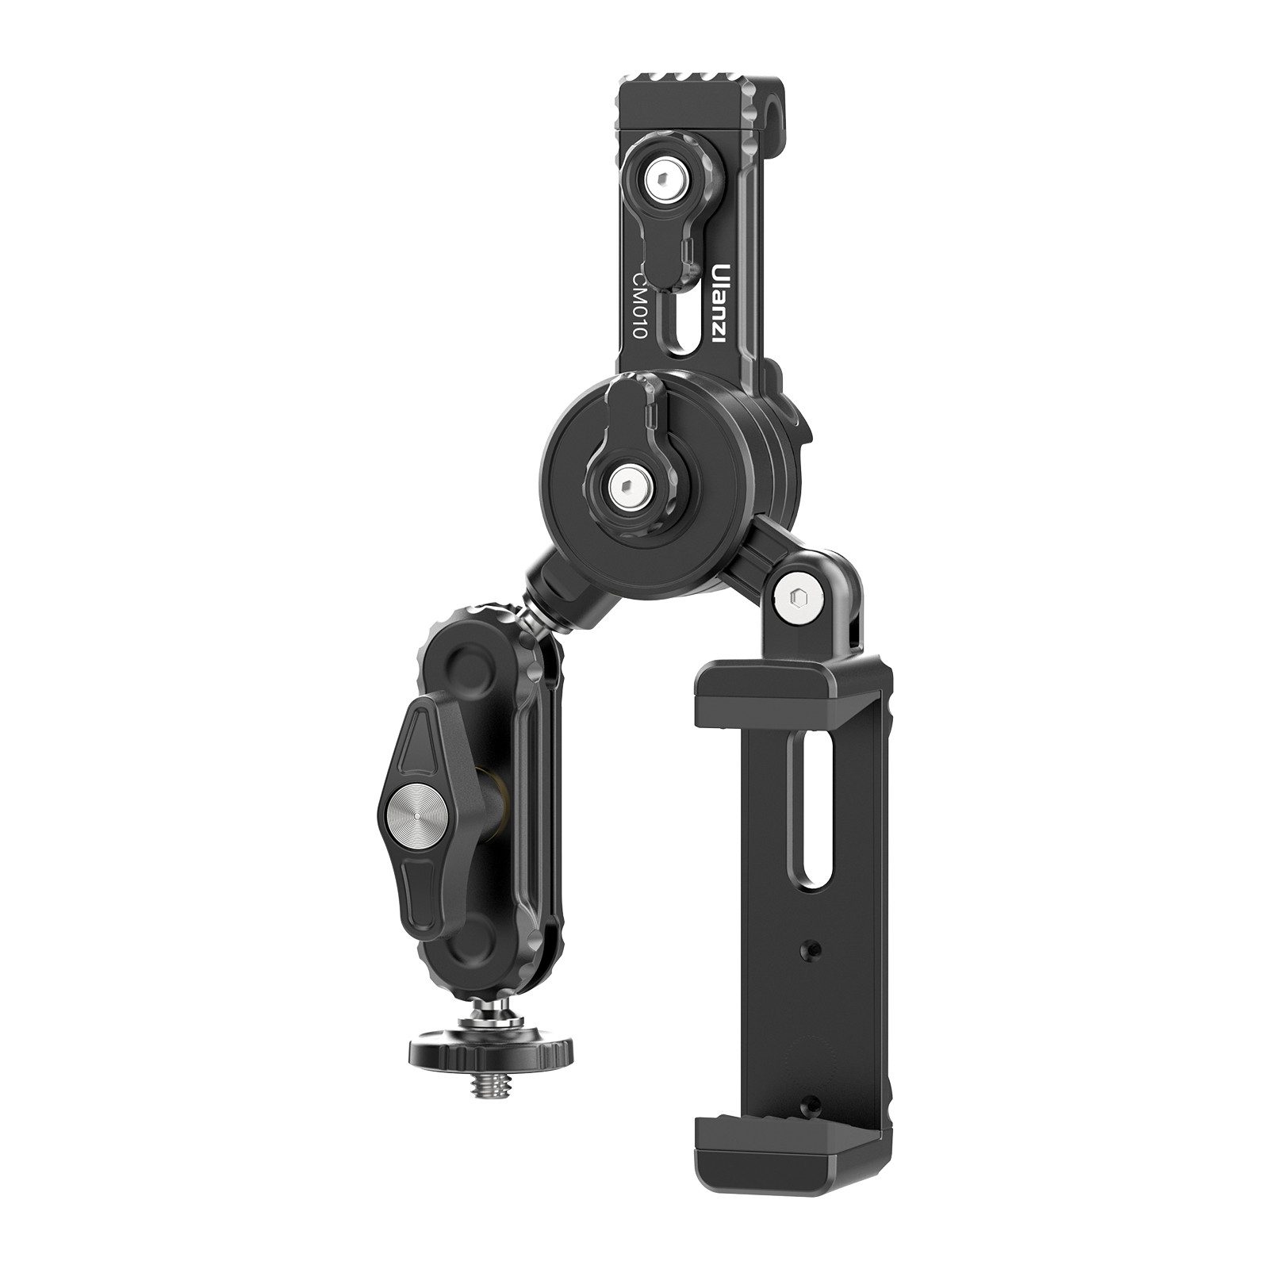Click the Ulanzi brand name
723,304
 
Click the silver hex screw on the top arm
660,186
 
